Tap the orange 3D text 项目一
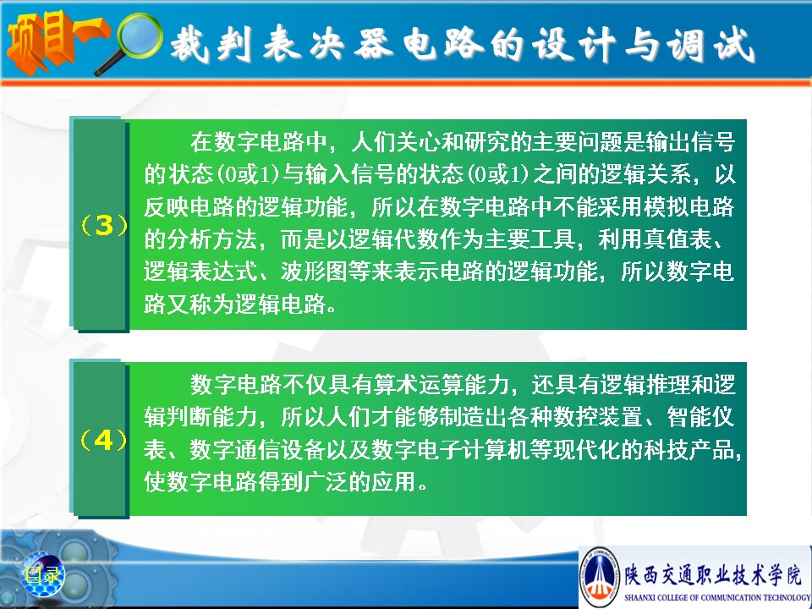pos(56,41)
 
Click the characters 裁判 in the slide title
pos(211,43)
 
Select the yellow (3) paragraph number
pos(104,225)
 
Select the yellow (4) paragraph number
pos(103,440)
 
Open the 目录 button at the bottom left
pos(42,574)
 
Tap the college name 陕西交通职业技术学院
pos(712,574)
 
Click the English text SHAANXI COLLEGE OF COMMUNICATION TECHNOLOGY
pos(717,597)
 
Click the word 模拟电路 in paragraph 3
pos(689,206)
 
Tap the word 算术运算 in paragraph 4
pos(420,385)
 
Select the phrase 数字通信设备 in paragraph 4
pos(257,450)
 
